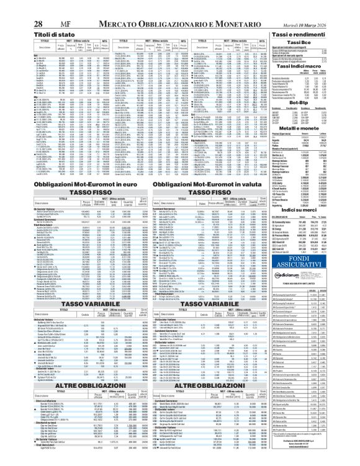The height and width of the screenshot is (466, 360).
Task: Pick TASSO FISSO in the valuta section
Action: (x=205, y=192)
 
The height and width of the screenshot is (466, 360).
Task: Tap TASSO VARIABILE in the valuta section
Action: (x=205, y=321)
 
